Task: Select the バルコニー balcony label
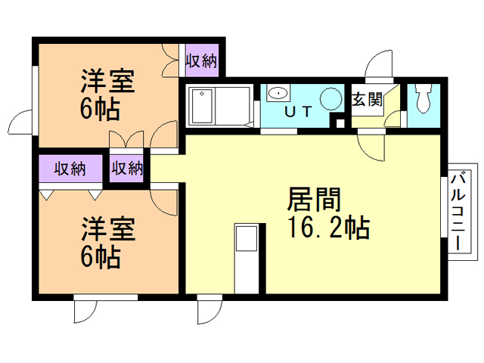pyautogui.click(x=459, y=212)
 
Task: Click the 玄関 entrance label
pyautogui.click(x=365, y=99)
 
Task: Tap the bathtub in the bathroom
pyautogui.click(x=202, y=106)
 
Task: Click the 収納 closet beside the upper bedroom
pyautogui.click(x=201, y=60)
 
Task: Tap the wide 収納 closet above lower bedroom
pyautogui.click(x=69, y=168)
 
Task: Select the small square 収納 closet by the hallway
pyautogui.click(x=127, y=168)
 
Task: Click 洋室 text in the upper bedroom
pyautogui.click(x=107, y=82)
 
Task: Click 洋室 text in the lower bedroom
pyautogui.click(x=107, y=228)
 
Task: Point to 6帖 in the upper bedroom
pyautogui.click(x=99, y=110)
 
